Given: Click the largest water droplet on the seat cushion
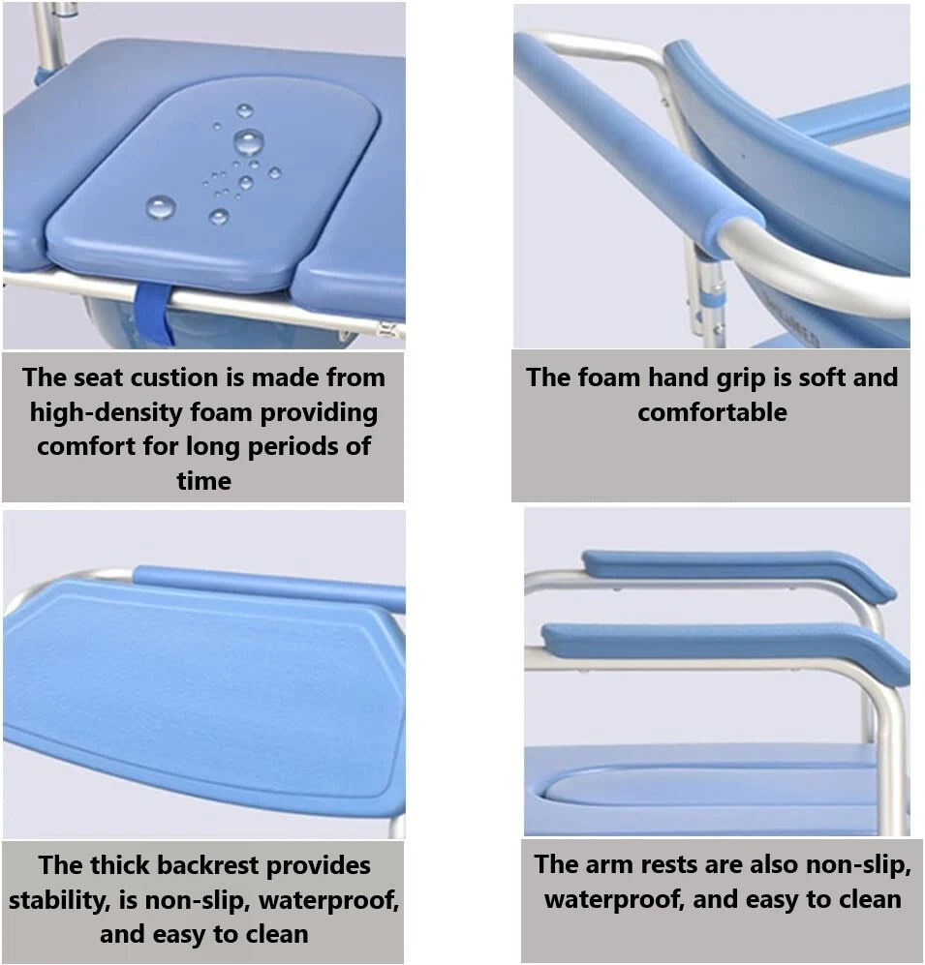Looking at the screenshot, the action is pos(249,143).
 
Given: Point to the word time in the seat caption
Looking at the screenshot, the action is pos(203,481).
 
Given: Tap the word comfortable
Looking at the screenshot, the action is pos(712,412).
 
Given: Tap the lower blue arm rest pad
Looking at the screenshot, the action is pos(725,648).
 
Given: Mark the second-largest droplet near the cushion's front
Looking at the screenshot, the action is pos(161,207).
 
